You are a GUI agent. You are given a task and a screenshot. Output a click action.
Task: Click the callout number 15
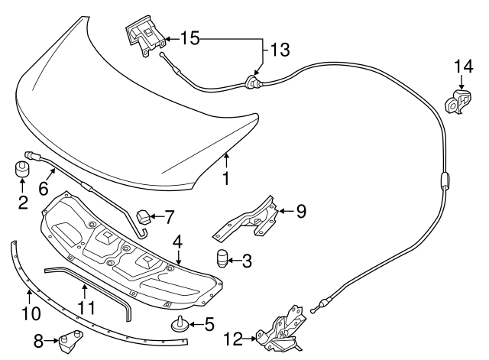pos(190,39)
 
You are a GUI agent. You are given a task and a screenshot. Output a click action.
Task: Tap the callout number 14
pos(463,66)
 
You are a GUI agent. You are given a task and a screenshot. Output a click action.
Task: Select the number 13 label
pos(280,50)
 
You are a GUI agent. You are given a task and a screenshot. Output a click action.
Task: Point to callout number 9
pos(301,211)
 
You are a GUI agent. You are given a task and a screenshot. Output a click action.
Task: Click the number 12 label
pos(233,339)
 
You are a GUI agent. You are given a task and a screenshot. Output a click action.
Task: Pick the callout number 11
pos(86,307)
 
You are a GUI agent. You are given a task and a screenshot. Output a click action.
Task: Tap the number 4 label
pos(177,242)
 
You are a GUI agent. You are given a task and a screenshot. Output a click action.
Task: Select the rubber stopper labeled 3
pos(221,258)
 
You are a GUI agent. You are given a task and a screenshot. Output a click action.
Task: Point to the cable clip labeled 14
pos(458,102)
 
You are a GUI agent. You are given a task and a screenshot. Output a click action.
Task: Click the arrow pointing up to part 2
pos(22,185)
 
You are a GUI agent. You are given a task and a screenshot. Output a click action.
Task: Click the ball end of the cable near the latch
pos(313,311)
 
